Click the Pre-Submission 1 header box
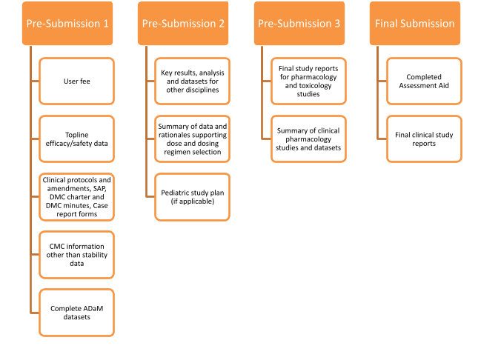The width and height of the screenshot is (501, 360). click(x=68, y=23)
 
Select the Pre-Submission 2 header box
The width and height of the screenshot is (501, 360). click(x=181, y=23)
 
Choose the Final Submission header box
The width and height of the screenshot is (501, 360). click(x=415, y=23)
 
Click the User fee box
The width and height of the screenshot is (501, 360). click(x=77, y=76)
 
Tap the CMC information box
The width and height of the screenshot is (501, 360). click(x=77, y=254)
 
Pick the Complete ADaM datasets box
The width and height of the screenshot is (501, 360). click(x=77, y=313)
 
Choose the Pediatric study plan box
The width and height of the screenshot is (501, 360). click(x=192, y=196)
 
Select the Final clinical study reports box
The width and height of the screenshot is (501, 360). click(x=424, y=139)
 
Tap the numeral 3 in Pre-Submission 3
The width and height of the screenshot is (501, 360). click(x=336, y=23)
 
